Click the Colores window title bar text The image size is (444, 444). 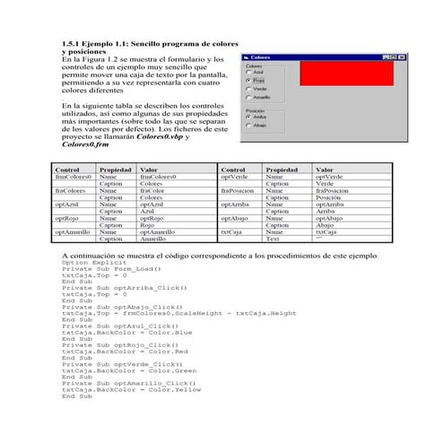[260, 56]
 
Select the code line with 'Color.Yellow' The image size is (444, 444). [131, 390]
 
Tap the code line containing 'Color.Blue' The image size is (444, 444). [126, 332]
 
